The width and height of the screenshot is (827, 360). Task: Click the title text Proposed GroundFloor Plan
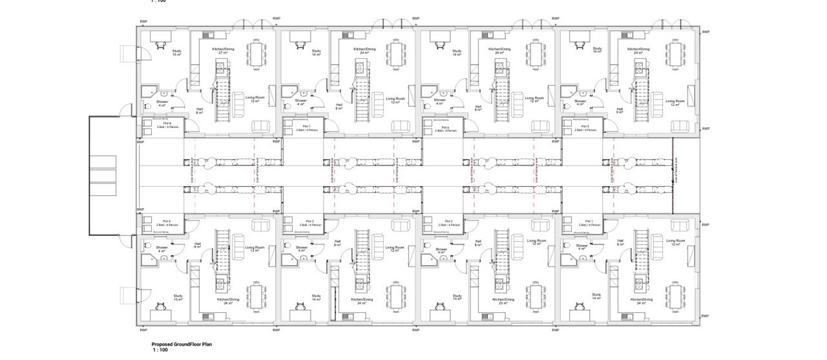tap(182, 344)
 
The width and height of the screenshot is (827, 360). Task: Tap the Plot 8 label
tap(166, 123)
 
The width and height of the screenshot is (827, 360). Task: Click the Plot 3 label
tap(308, 222)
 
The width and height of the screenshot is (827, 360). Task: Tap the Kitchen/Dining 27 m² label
tap(222, 51)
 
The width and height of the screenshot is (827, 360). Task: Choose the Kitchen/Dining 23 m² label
tap(503, 301)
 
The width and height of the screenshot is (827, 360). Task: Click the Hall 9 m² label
tap(620, 111)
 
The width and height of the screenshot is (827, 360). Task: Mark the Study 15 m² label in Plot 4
tap(178, 298)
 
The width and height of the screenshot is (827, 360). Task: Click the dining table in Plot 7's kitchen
tap(396, 54)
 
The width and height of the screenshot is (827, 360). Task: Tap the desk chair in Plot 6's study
tap(441, 45)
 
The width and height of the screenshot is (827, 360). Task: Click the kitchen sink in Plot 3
tap(359, 282)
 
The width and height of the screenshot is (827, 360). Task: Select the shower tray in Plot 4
tap(149, 260)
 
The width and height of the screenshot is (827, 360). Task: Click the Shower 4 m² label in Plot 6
tap(440, 101)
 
